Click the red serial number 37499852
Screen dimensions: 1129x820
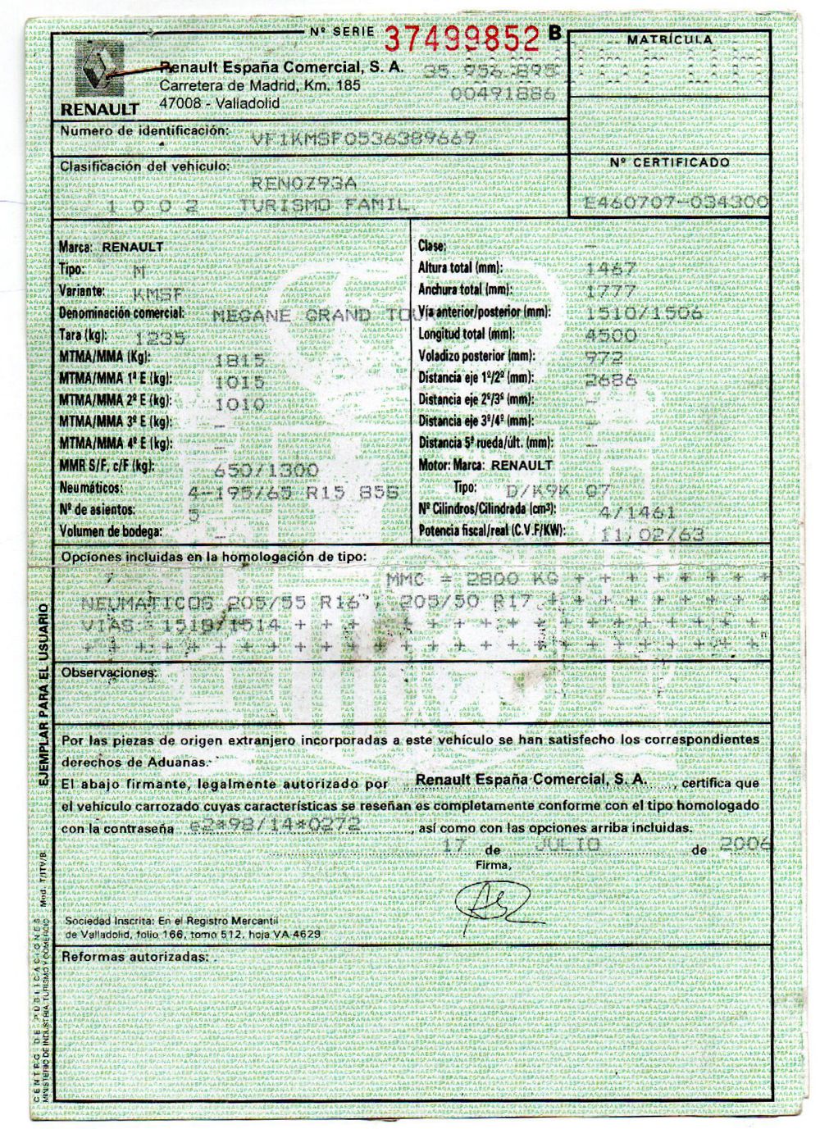coord(462,37)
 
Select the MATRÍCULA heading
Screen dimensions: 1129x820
coord(669,39)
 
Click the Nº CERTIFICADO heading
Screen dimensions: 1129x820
coord(669,162)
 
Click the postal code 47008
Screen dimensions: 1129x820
coord(180,102)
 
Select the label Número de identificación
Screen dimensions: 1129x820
coord(142,130)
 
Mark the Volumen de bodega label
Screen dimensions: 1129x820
coord(110,530)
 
